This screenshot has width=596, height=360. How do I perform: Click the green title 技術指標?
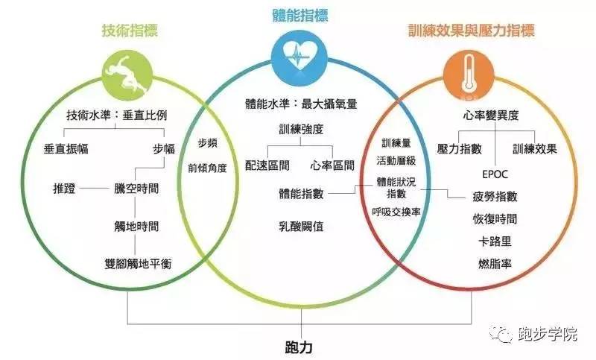tap(130, 31)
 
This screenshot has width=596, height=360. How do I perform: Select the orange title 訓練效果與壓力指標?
tap(472, 31)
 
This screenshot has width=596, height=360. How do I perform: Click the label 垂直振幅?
tap(66, 148)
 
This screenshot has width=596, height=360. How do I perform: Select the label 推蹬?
tap(64, 188)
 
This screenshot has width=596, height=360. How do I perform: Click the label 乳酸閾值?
tap(302, 224)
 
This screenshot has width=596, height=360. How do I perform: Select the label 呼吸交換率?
tap(396, 211)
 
